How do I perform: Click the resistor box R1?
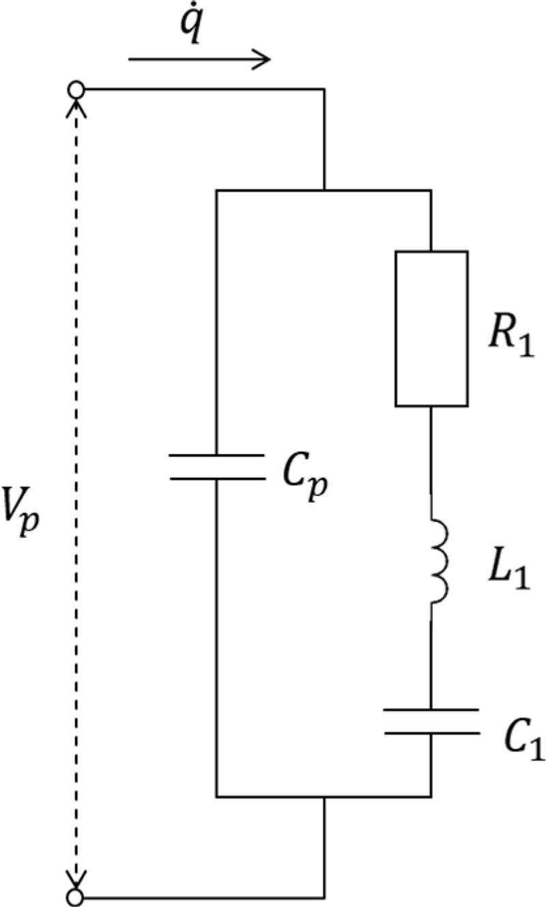click(x=431, y=328)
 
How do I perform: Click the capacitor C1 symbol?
click(x=431, y=721)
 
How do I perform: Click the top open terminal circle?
click(x=76, y=89)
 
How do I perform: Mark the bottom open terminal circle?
click(x=76, y=895)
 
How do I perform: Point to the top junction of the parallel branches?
click(x=324, y=190)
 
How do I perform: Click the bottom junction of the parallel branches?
click(x=324, y=796)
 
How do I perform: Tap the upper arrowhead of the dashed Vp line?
click(x=76, y=104)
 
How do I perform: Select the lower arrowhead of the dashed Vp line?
click(x=76, y=880)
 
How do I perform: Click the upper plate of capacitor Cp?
click(x=216, y=455)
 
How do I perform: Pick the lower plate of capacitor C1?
click(x=431, y=732)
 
